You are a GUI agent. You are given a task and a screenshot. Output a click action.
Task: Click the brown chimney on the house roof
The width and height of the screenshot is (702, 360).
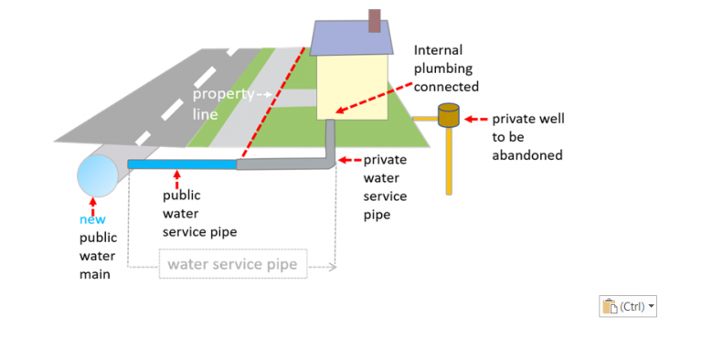click(374, 21)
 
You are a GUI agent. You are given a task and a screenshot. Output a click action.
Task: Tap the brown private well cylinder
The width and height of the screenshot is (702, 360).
click(448, 116)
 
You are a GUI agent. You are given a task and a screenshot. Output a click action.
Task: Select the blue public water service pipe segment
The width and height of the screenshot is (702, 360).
click(182, 164)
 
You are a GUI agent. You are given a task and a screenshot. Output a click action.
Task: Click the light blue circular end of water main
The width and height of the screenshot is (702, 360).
click(96, 176)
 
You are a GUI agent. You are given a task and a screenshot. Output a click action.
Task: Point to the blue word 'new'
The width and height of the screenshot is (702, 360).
click(92, 219)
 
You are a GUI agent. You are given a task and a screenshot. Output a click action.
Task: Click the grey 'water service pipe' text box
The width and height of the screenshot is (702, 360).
click(232, 266)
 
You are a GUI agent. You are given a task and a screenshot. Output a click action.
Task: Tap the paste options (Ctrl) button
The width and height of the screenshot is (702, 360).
click(628, 307)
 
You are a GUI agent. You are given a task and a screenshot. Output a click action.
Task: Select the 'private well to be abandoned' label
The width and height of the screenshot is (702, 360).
click(527, 137)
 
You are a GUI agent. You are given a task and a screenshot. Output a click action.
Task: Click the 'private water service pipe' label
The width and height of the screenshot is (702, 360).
click(385, 186)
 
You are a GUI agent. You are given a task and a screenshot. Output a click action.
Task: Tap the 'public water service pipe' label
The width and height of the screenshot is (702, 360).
click(199, 213)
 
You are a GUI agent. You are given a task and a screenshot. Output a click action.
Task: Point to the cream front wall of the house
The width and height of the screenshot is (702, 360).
click(352, 87)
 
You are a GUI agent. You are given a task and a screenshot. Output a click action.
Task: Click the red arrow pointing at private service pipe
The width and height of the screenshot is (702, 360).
click(349, 160)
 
